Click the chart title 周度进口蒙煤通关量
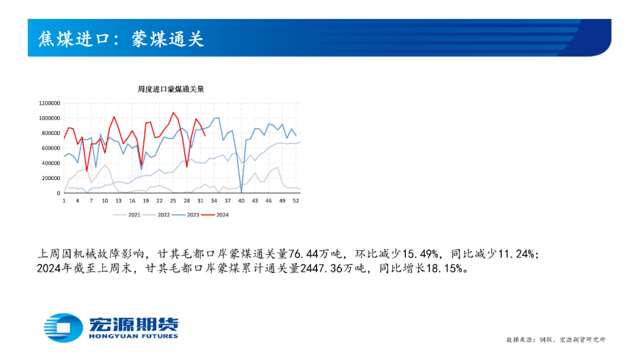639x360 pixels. pos(171,89)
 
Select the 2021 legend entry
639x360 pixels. pos(127,215)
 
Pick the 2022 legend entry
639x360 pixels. pos(156,215)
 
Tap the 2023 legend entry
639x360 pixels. pos(185,215)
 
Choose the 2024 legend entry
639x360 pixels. pos(215,215)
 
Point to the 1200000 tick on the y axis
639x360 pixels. pos(49,103)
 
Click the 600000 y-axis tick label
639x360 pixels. pos(50,148)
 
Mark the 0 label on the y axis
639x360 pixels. pos(59,193)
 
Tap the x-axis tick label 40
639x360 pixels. pos(241,201)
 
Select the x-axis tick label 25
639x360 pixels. pos(173,201)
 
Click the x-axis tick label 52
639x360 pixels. pos(296,201)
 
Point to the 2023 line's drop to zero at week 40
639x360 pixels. pos(241,192)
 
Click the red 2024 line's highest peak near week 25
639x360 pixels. pos(173,112)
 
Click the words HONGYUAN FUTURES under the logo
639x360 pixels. pos(133,336)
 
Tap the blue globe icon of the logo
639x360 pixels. pos(63,327)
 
